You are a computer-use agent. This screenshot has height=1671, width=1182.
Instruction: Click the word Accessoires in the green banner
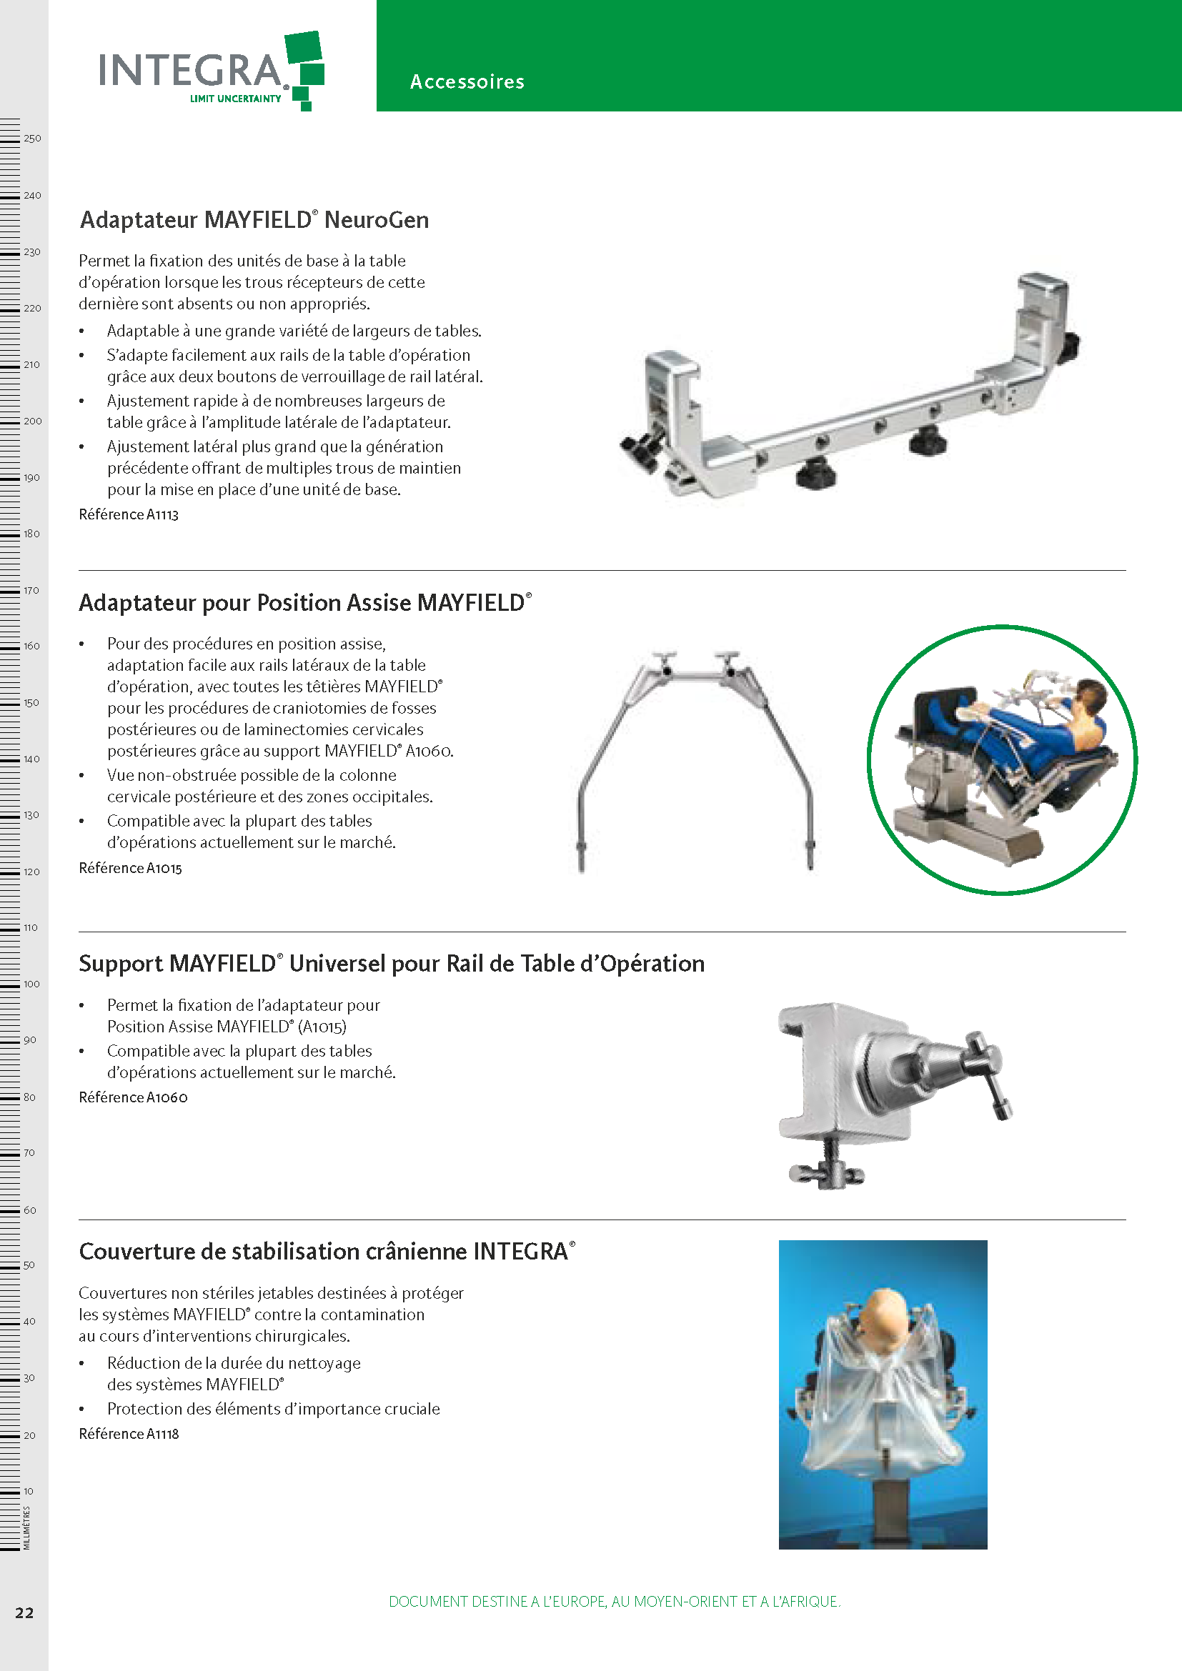(467, 81)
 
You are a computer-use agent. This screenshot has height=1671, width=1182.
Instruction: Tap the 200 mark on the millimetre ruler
(33, 421)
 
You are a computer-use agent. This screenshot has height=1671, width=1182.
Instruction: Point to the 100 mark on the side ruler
(32, 984)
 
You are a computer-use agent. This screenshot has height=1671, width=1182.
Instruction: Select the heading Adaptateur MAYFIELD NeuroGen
(254, 220)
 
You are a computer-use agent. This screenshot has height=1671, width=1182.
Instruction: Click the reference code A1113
(162, 514)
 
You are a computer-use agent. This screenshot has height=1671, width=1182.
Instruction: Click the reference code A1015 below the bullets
(164, 868)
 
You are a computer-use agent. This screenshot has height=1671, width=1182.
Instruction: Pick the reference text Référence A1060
(133, 1097)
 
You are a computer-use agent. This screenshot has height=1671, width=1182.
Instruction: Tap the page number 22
(25, 1613)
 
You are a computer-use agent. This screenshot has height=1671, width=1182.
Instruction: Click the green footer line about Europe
(615, 1601)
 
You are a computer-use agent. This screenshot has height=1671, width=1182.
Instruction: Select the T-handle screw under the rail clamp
(827, 1167)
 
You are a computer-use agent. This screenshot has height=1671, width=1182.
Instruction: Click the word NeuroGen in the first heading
(377, 220)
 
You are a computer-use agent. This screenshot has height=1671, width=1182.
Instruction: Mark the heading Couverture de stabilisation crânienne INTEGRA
(327, 1251)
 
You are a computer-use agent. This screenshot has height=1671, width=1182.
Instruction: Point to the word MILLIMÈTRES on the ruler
(27, 1528)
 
